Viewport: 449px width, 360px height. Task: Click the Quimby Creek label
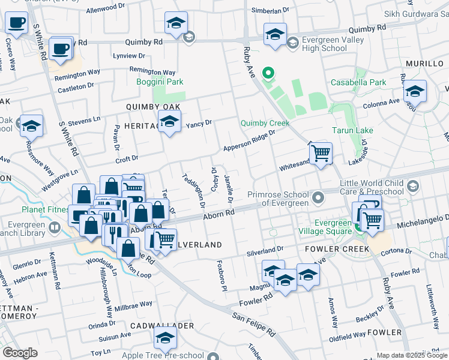(265, 123)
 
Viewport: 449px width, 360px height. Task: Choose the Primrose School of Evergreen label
(278, 199)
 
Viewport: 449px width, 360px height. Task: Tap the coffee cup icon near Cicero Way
(16, 23)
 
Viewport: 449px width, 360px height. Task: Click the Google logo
(20, 353)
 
